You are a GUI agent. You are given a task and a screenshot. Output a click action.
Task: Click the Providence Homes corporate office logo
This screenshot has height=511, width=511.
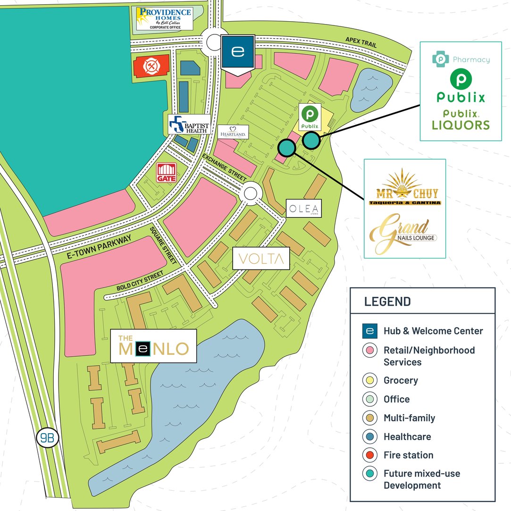coord(164,18)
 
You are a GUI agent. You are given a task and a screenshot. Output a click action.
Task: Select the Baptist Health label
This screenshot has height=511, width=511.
coord(190,124)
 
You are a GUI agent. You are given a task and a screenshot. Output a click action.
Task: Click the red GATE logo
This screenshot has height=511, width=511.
coord(166,173)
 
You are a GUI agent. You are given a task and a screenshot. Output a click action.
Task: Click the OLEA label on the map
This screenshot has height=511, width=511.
coord(304,208)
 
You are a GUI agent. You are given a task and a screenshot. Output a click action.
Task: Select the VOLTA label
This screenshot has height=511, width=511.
coord(261,259)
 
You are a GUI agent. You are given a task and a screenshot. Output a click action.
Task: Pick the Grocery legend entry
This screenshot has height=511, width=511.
coord(401,380)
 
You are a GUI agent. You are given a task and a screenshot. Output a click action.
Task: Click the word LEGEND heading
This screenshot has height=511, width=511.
coord(387,302)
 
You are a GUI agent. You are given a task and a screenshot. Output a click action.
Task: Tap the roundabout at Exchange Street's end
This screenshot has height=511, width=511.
coord(251,193)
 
